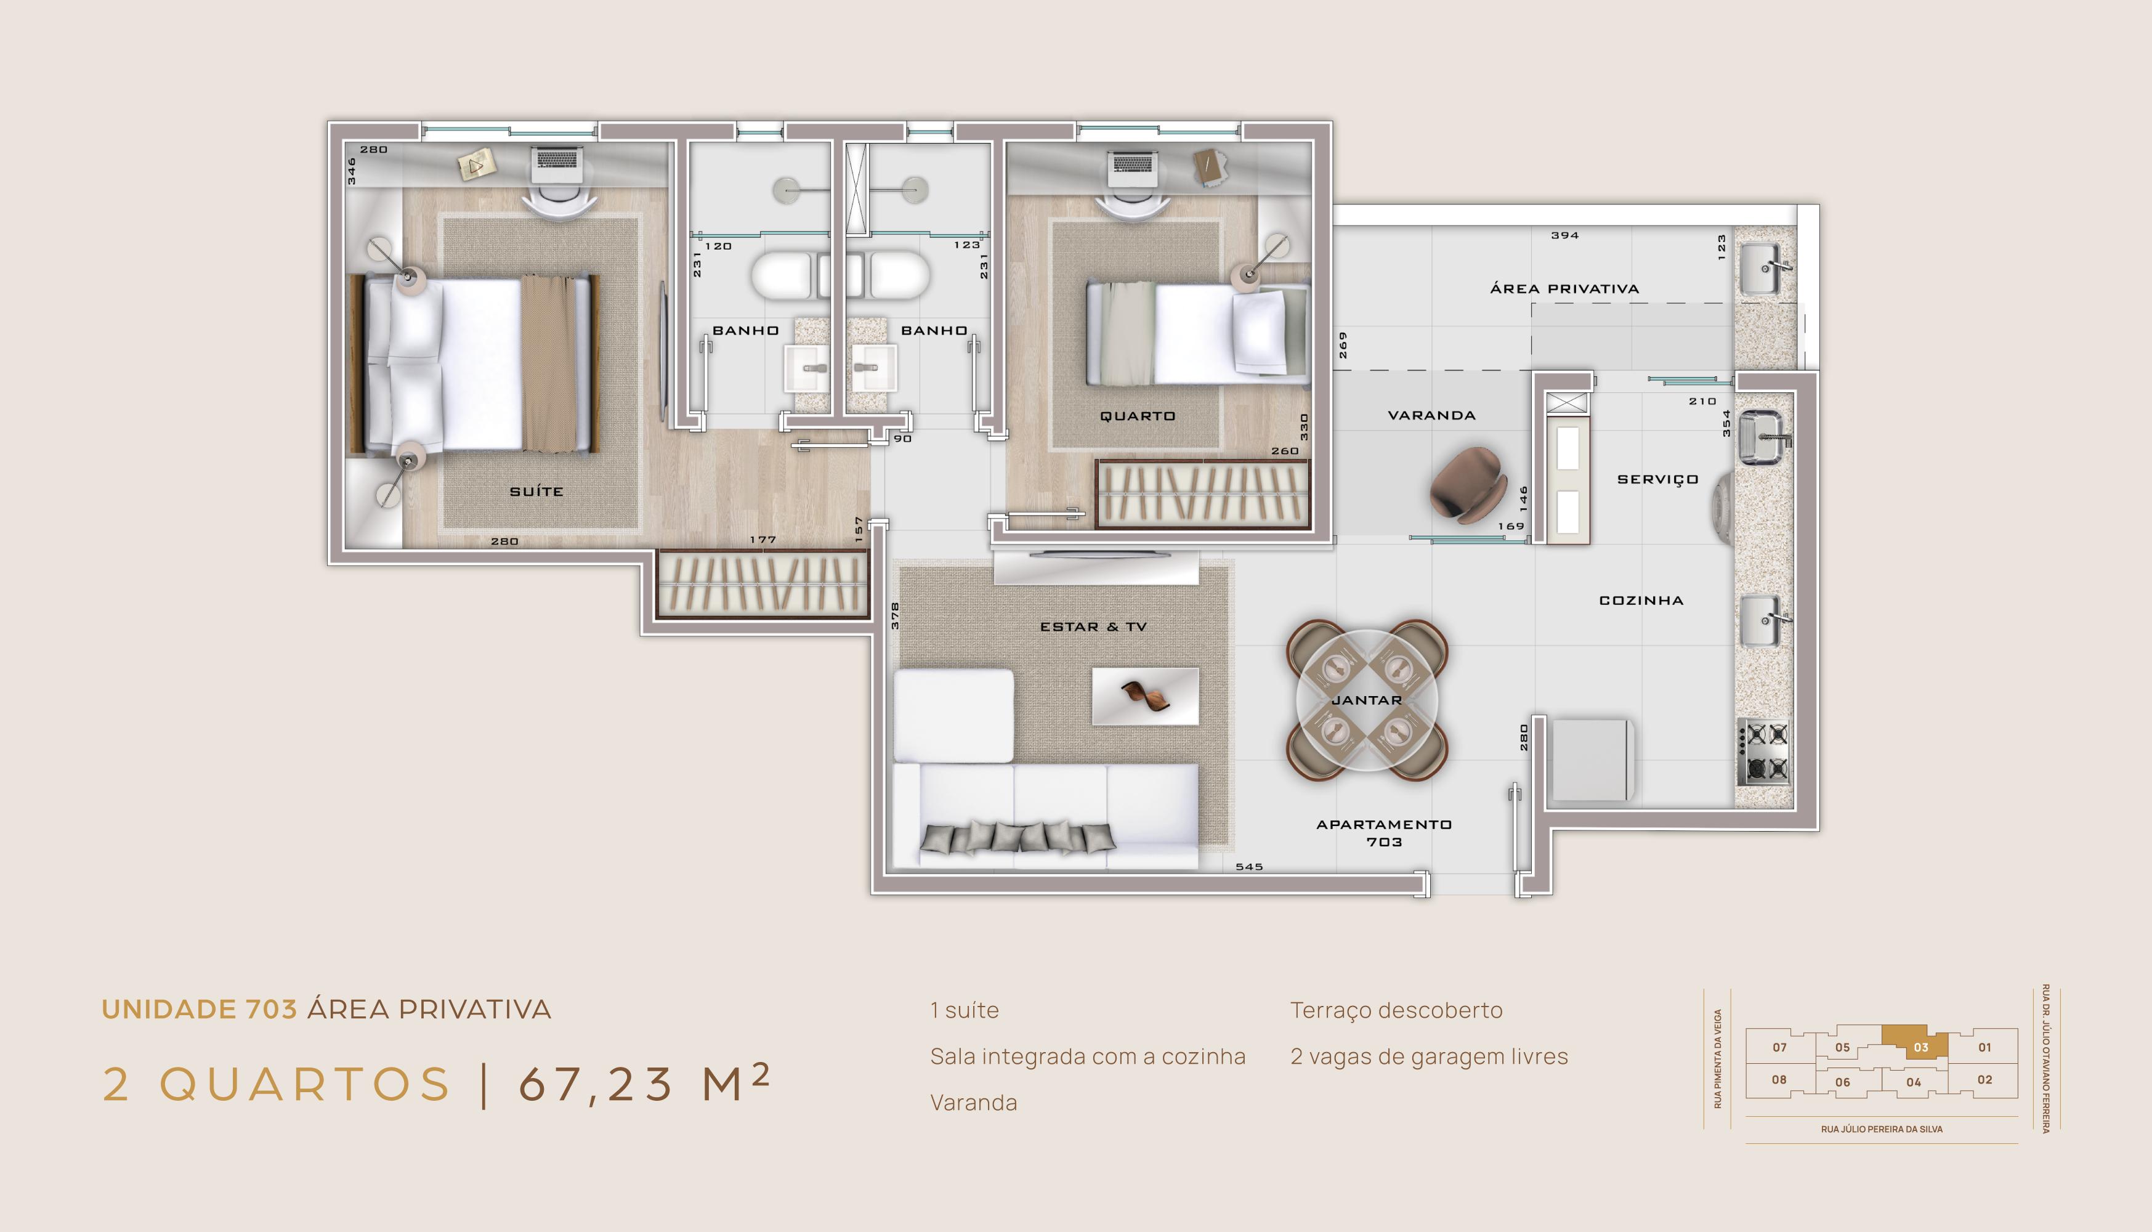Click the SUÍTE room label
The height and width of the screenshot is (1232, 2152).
(536, 491)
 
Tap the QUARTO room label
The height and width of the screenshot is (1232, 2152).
(1138, 415)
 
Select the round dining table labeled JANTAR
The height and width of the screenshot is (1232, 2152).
(1367, 700)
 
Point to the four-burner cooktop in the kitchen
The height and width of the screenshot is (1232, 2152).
(1764, 752)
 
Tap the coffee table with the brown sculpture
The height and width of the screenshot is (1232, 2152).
(1146, 696)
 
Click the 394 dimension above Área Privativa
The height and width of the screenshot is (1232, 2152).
(1565, 235)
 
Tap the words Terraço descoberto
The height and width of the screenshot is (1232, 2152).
(1397, 1011)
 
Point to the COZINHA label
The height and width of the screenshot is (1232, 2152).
(1641, 600)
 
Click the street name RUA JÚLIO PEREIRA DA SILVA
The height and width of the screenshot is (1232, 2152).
(1882, 1129)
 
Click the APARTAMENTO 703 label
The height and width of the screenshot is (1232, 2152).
(1384, 833)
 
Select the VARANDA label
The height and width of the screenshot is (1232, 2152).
(1431, 415)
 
